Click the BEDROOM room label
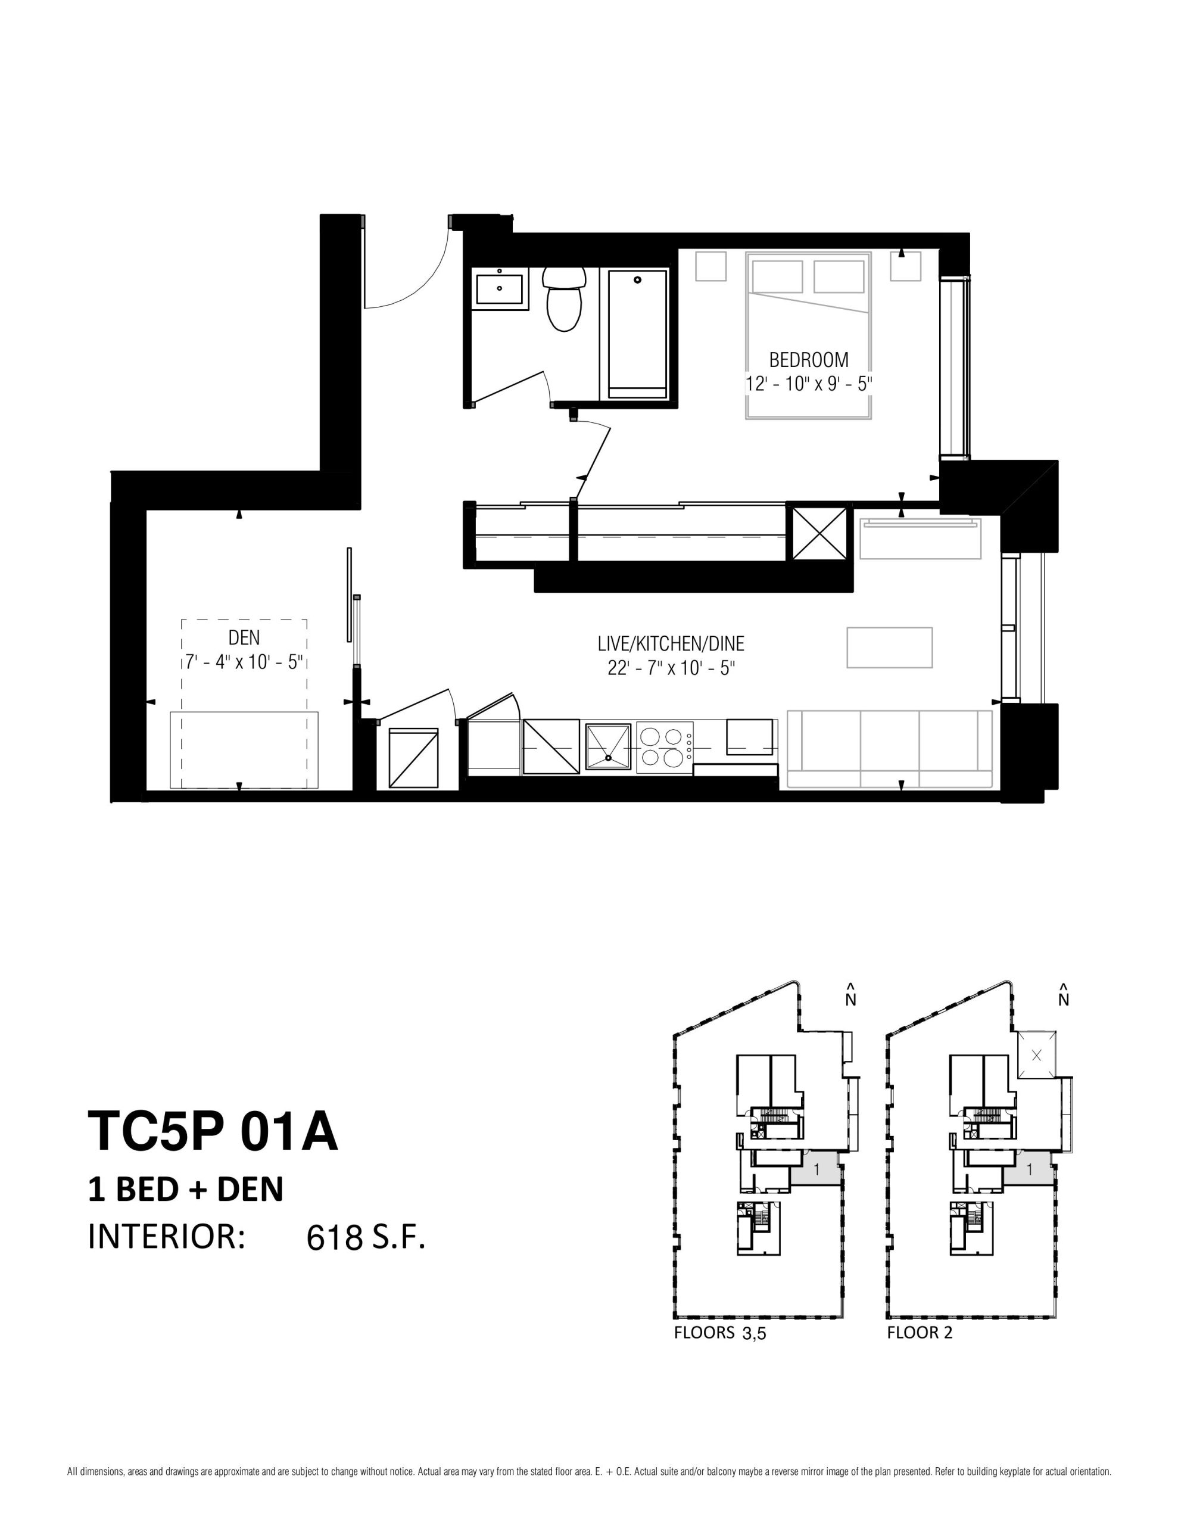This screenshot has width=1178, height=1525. [x=809, y=360]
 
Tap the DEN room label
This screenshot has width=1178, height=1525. [x=244, y=637]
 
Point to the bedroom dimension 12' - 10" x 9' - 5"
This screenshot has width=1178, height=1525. [x=809, y=384]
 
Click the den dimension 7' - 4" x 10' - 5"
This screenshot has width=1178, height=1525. [x=244, y=661]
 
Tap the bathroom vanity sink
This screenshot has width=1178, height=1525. [x=499, y=288]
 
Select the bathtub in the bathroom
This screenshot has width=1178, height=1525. [x=637, y=334]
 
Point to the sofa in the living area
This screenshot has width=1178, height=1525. [x=890, y=749]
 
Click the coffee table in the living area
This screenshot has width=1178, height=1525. [x=890, y=648]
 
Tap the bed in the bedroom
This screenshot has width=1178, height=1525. [x=809, y=335]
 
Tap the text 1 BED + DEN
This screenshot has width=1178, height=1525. [x=186, y=1189]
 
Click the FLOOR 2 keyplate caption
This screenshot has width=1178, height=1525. [x=920, y=1332]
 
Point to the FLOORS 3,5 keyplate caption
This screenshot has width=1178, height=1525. [x=720, y=1333]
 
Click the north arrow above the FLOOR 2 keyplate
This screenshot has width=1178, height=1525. [x=1064, y=995]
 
